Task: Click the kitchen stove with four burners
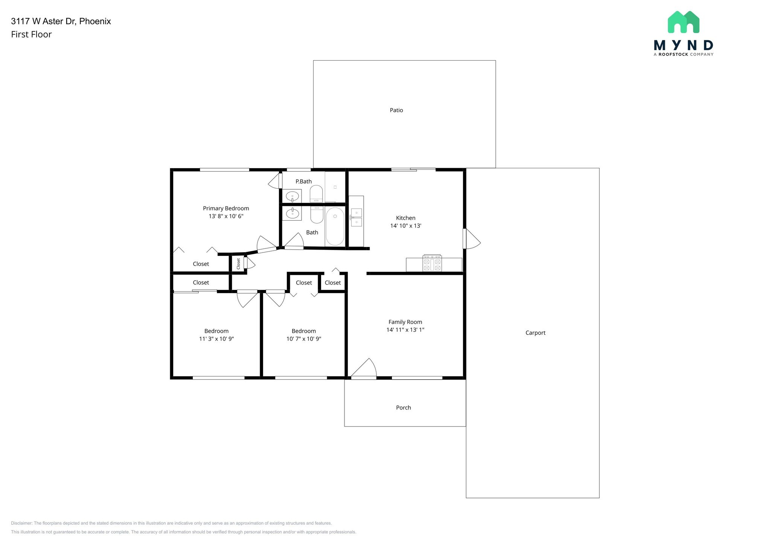point(432,263)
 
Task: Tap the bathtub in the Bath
point(335,226)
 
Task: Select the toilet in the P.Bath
point(316,193)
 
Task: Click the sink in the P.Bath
point(292,196)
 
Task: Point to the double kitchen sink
point(356,218)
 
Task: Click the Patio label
point(396,110)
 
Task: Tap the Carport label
point(535,333)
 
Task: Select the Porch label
point(403,408)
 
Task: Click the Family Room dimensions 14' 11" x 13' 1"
point(405,330)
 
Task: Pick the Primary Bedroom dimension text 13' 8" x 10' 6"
point(226,216)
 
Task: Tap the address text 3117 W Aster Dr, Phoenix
point(61,21)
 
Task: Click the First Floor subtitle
point(31,34)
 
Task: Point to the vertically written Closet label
point(238,263)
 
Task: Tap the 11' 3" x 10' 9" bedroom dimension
point(216,339)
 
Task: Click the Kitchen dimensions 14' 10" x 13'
point(405,226)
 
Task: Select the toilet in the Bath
point(317,215)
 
